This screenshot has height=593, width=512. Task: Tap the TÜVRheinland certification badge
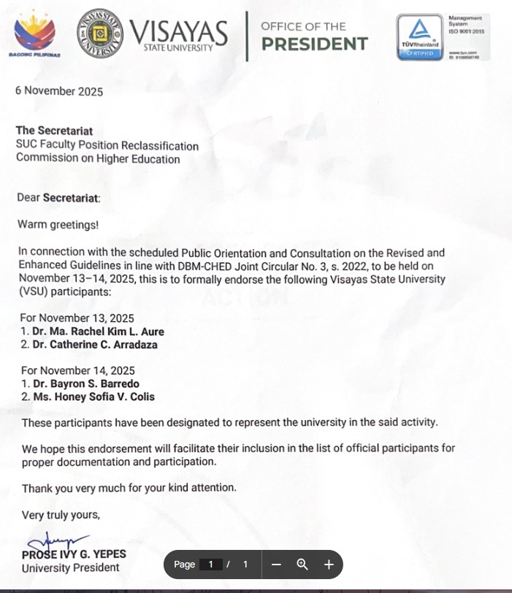[419, 37]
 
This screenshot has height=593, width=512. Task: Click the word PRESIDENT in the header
[314, 45]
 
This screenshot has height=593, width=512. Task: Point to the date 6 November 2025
[59, 91]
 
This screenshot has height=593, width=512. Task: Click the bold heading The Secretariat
[54, 131]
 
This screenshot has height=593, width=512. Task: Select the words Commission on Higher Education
[98, 158]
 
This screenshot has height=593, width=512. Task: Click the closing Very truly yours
[61, 515]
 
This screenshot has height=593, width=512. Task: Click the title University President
[70, 568]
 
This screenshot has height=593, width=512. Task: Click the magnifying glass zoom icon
[302, 564]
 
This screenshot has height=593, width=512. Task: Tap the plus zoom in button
[329, 564]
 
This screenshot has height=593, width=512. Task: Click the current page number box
[211, 564]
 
